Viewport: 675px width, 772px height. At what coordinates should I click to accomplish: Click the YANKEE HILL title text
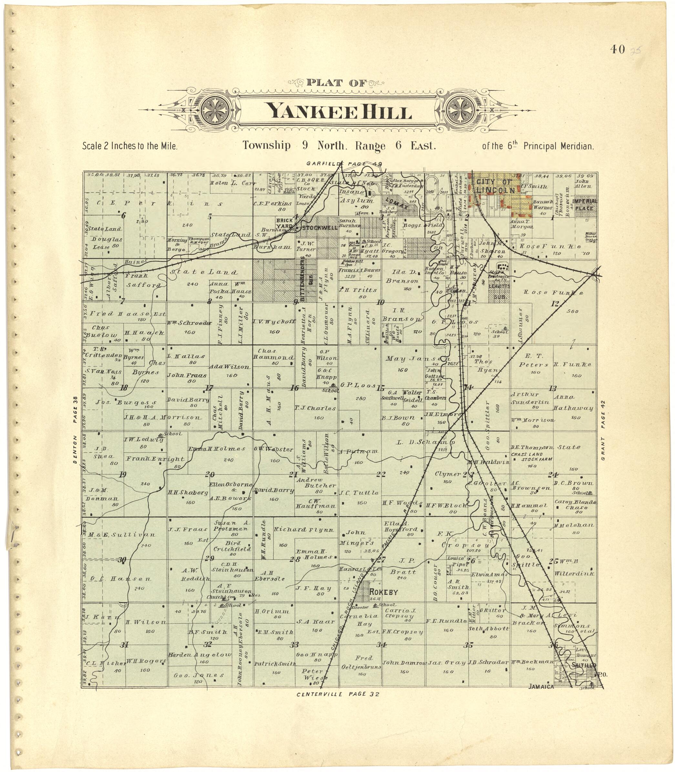[x=339, y=111]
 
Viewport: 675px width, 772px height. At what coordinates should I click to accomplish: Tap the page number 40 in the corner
[x=618, y=49]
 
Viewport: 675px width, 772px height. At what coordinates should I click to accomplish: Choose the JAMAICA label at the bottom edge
[x=541, y=686]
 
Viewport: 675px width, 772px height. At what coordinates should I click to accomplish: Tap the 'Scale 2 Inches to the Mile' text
[x=129, y=146]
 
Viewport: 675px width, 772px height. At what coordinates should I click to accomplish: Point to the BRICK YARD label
[x=284, y=223]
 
